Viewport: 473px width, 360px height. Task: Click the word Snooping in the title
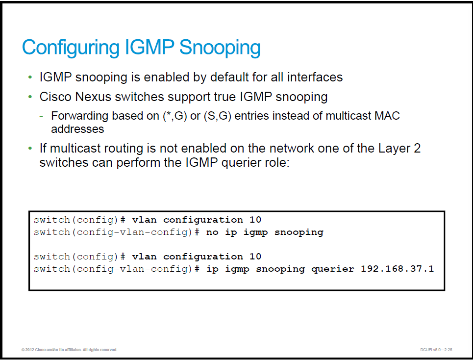point(220,48)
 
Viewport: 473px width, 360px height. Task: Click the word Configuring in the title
point(71,48)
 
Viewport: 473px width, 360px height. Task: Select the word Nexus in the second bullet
point(93,97)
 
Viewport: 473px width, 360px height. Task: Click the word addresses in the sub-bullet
point(77,129)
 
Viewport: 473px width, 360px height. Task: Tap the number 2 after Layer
point(417,149)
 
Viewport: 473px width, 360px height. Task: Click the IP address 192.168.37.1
point(398,269)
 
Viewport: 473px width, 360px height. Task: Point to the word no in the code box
point(212,232)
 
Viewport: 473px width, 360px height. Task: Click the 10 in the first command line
point(255,220)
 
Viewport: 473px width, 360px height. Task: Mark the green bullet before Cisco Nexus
point(30,97)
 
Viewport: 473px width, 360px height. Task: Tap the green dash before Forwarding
point(41,116)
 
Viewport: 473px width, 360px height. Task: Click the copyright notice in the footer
point(69,350)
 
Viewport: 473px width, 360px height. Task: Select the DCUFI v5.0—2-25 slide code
point(436,350)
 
